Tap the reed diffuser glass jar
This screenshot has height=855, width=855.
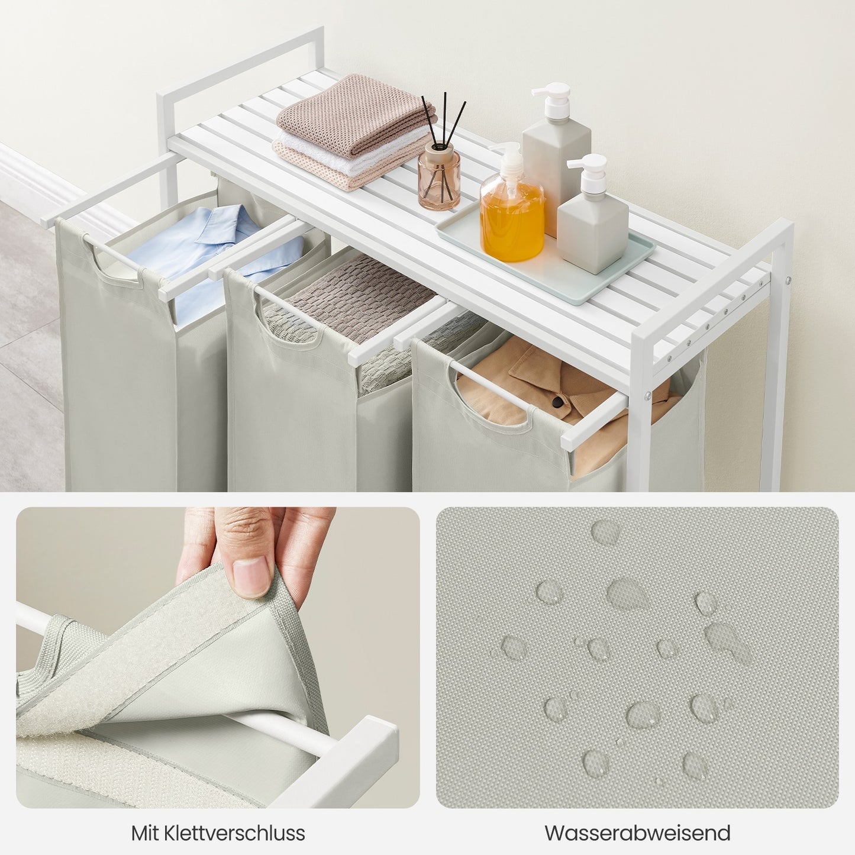439,176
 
